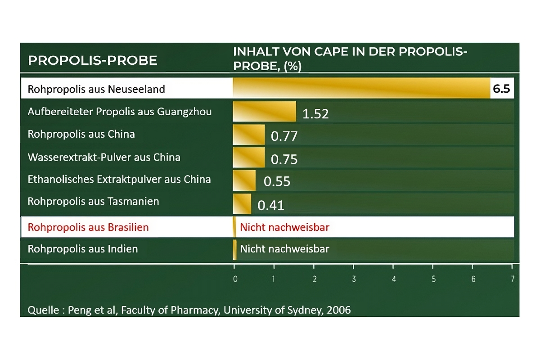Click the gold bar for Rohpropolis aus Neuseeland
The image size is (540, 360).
click(x=361, y=88)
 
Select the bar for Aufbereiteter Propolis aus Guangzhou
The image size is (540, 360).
click(x=264, y=111)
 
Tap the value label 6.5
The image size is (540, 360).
click(x=501, y=89)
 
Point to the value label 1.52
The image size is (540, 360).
click(x=315, y=114)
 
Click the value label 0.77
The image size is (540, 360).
click(x=284, y=136)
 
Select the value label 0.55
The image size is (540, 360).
click(x=277, y=181)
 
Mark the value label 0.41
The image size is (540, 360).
click(x=270, y=205)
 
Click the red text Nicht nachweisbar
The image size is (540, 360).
click(x=284, y=227)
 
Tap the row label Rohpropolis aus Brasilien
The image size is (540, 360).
click(x=88, y=227)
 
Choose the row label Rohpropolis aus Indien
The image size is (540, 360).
click(x=83, y=249)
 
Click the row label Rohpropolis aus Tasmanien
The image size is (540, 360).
click(x=93, y=201)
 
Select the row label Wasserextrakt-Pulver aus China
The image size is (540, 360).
click(x=104, y=157)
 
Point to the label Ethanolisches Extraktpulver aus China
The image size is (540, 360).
click(x=119, y=179)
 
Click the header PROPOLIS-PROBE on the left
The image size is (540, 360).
click(x=92, y=60)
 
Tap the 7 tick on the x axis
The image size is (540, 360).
click(x=513, y=279)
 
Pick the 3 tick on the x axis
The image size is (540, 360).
click(x=354, y=279)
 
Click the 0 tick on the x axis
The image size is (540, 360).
click(x=235, y=279)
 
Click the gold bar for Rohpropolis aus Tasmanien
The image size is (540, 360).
click(x=242, y=203)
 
